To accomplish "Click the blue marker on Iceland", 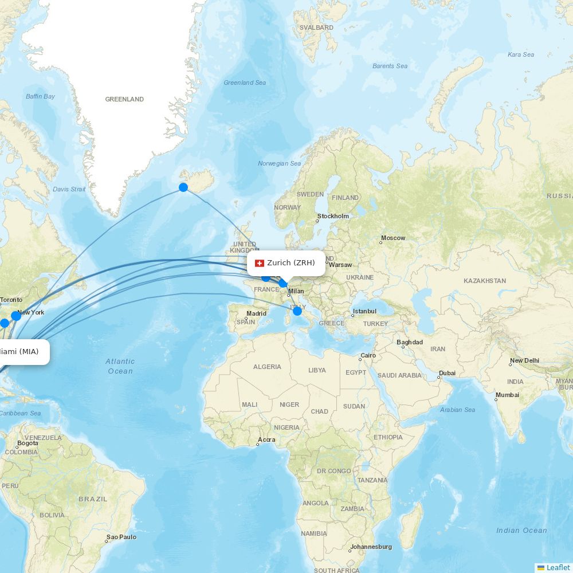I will (183, 187).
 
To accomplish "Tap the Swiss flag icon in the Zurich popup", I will (260, 263).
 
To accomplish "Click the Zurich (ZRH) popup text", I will (291, 263).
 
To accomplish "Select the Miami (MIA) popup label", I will (19, 351).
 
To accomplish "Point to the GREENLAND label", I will (124, 99).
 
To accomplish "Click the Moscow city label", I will (393, 238).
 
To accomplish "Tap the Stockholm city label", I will (333, 216).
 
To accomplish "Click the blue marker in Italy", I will (297, 311).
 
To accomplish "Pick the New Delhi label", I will (524, 360).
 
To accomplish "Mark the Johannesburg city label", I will (371, 547).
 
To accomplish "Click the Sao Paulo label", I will (121, 537).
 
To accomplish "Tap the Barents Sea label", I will (390, 66).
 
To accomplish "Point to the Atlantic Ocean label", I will (120, 366).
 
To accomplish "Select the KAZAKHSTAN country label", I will (485, 281).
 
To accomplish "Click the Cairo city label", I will (368, 355).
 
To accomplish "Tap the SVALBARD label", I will (316, 28).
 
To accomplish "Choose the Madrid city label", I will (256, 313).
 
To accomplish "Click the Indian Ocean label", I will (521, 531).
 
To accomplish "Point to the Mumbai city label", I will (507, 395).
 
